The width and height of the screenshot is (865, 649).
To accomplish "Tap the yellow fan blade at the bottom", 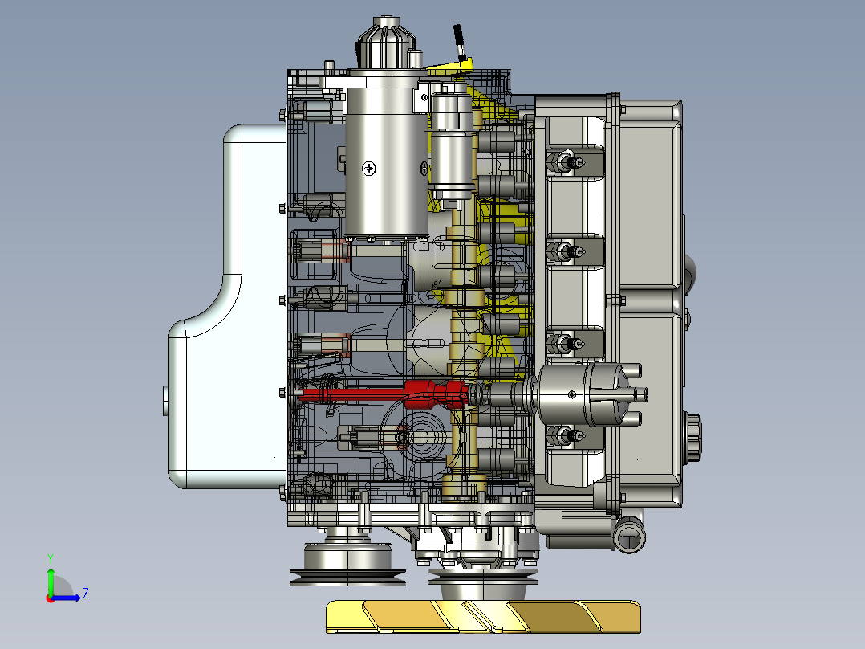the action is [x=483, y=616].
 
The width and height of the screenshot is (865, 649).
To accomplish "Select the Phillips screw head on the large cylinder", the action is [x=369, y=169].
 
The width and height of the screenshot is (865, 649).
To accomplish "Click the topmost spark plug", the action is [x=566, y=161].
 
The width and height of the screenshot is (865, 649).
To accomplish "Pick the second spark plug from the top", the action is [x=566, y=252].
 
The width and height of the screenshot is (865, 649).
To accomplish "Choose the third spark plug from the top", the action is [x=566, y=344].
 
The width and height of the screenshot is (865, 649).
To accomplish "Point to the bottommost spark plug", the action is [x=566, y=435].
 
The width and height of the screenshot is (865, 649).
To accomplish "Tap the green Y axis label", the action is [x=51, y=558].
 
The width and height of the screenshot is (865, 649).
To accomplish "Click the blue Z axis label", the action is [x=86, y=594].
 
